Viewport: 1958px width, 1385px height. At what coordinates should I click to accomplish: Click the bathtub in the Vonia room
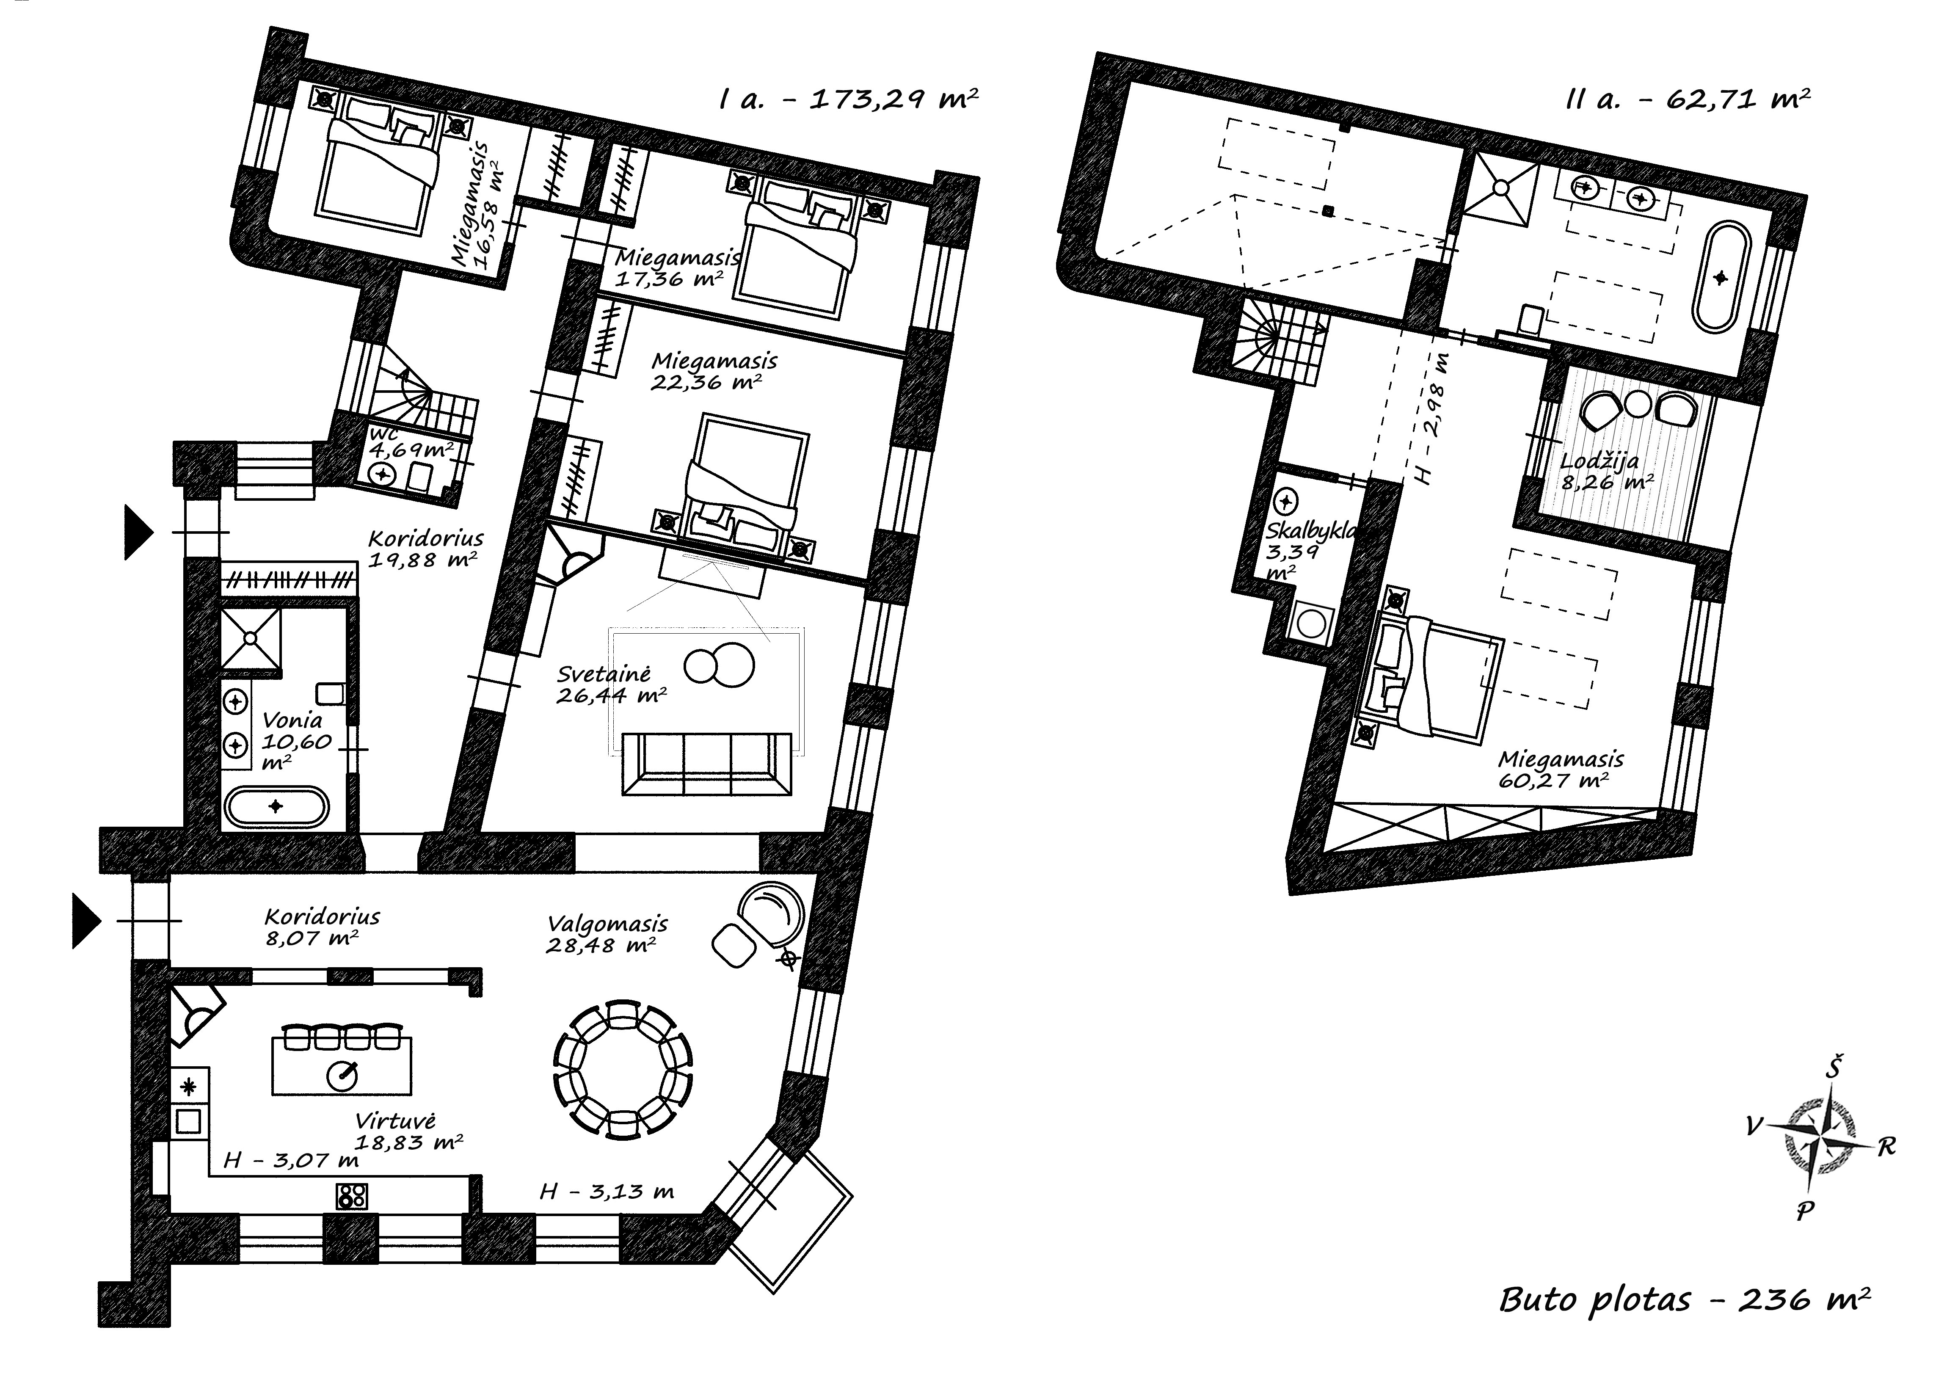click(276, 806)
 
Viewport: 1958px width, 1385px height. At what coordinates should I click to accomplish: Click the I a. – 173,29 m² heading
click(849, 100)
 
